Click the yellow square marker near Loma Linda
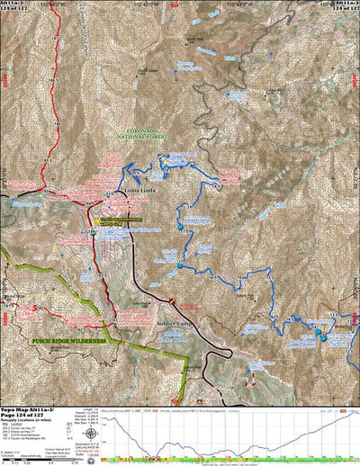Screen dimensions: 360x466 click(98, 220)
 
